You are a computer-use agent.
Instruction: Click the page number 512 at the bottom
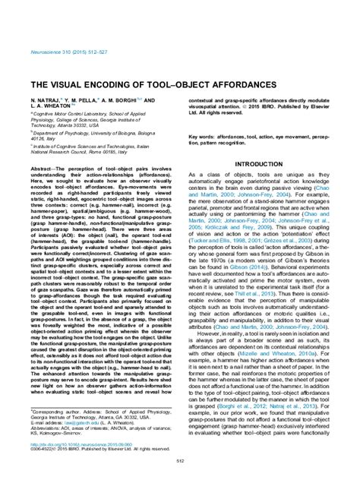(x=179, y=459)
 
